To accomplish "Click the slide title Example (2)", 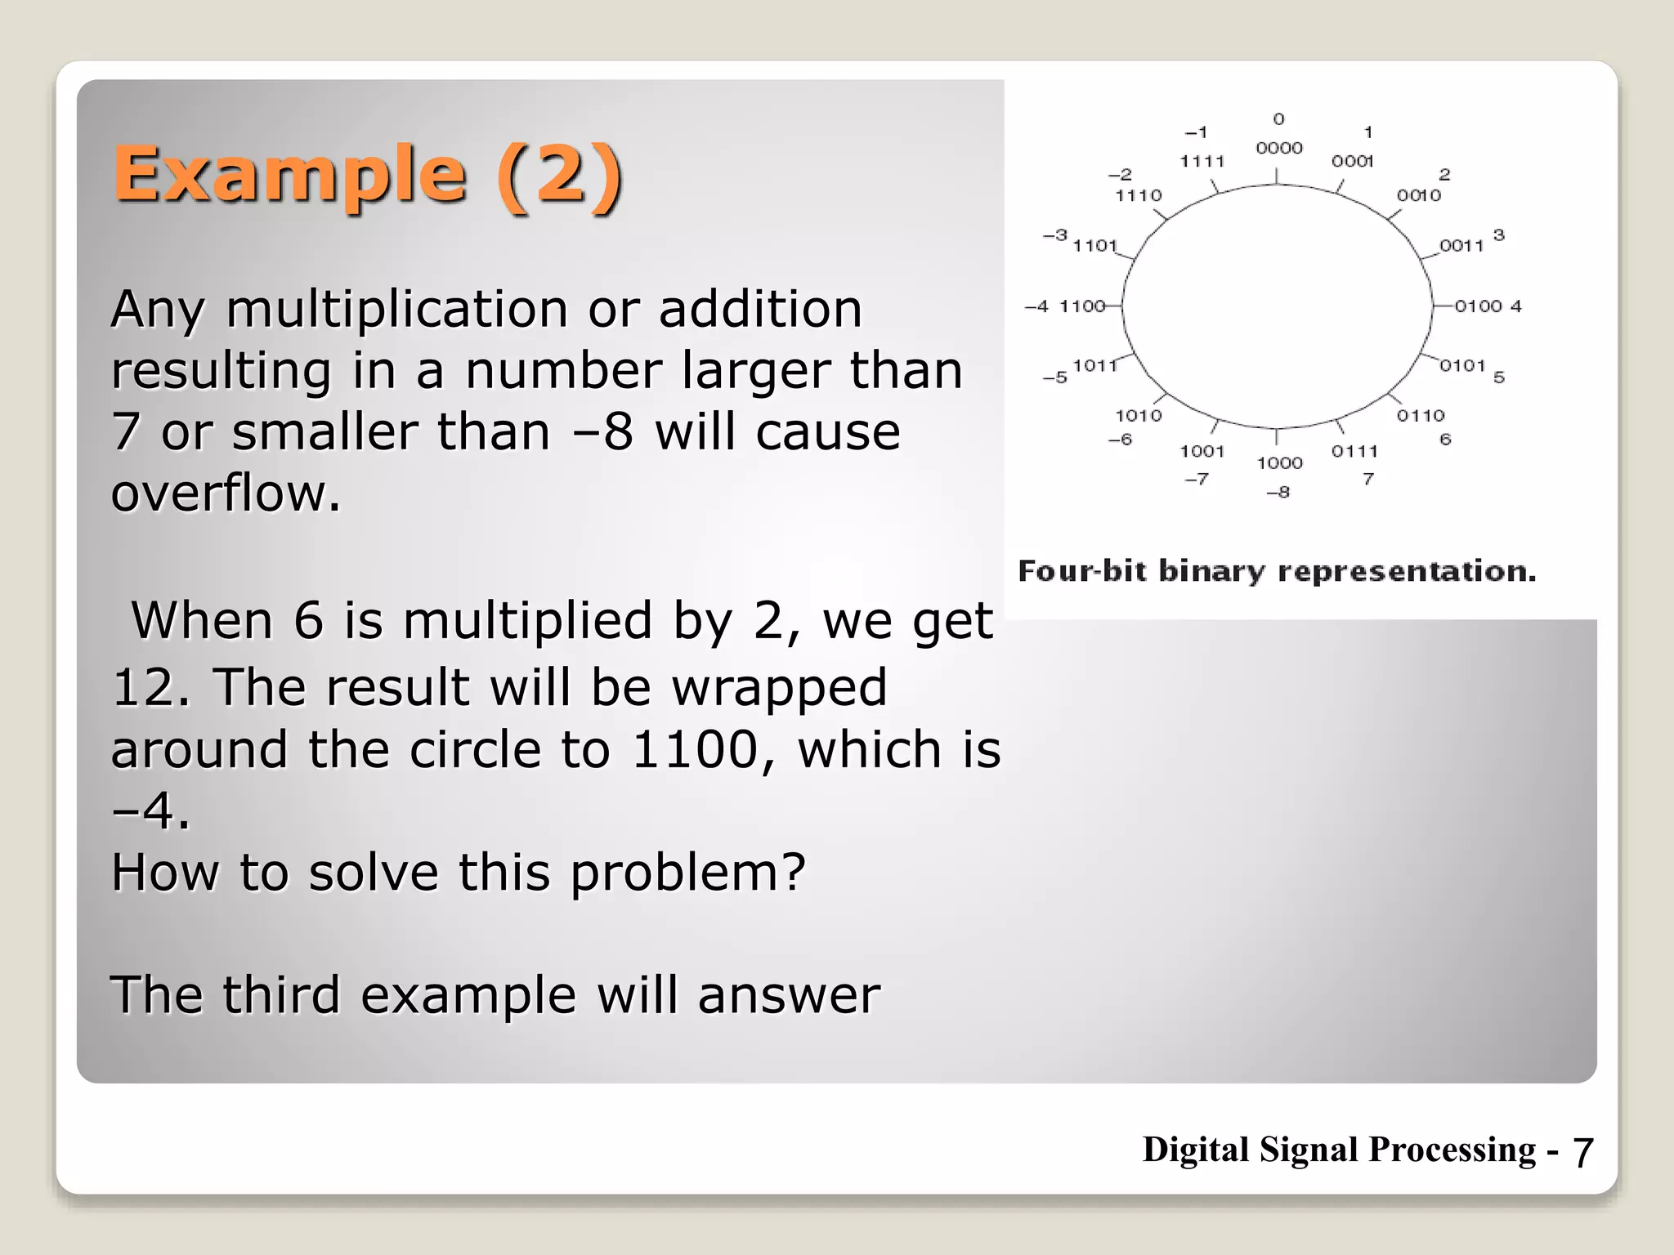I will pyautogui.click(x=368, y=175).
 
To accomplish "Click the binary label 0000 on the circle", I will pyautogui.click(x=1279, y=148).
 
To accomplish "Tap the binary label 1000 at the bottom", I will pyautogui.click(x=1279, y=463).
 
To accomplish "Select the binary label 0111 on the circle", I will pyautogui.click(x=1354, y=451).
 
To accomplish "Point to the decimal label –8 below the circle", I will pyautogui.click(x=1278, y=492).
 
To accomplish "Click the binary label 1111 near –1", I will pyautogui.click(x=1202, y=162).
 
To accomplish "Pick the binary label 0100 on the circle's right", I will pyautogui.click(x=1478, y=306).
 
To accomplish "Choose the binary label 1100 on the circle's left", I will pyautogui.click(x=1081, y=306).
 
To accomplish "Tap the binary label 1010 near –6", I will pyautogui.click(x=1138, y=416).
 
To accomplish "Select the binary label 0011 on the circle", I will pyautogui.click(x=1461, y=246).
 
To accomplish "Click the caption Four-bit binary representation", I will pyautogui.click(x=1277, y=571).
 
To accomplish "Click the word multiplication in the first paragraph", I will pyautogui.click(x=397, y=310).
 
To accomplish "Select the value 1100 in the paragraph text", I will pyautogui.click(x=696, y=749).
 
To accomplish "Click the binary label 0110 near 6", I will pyautogui.click(x=1421, y=416).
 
